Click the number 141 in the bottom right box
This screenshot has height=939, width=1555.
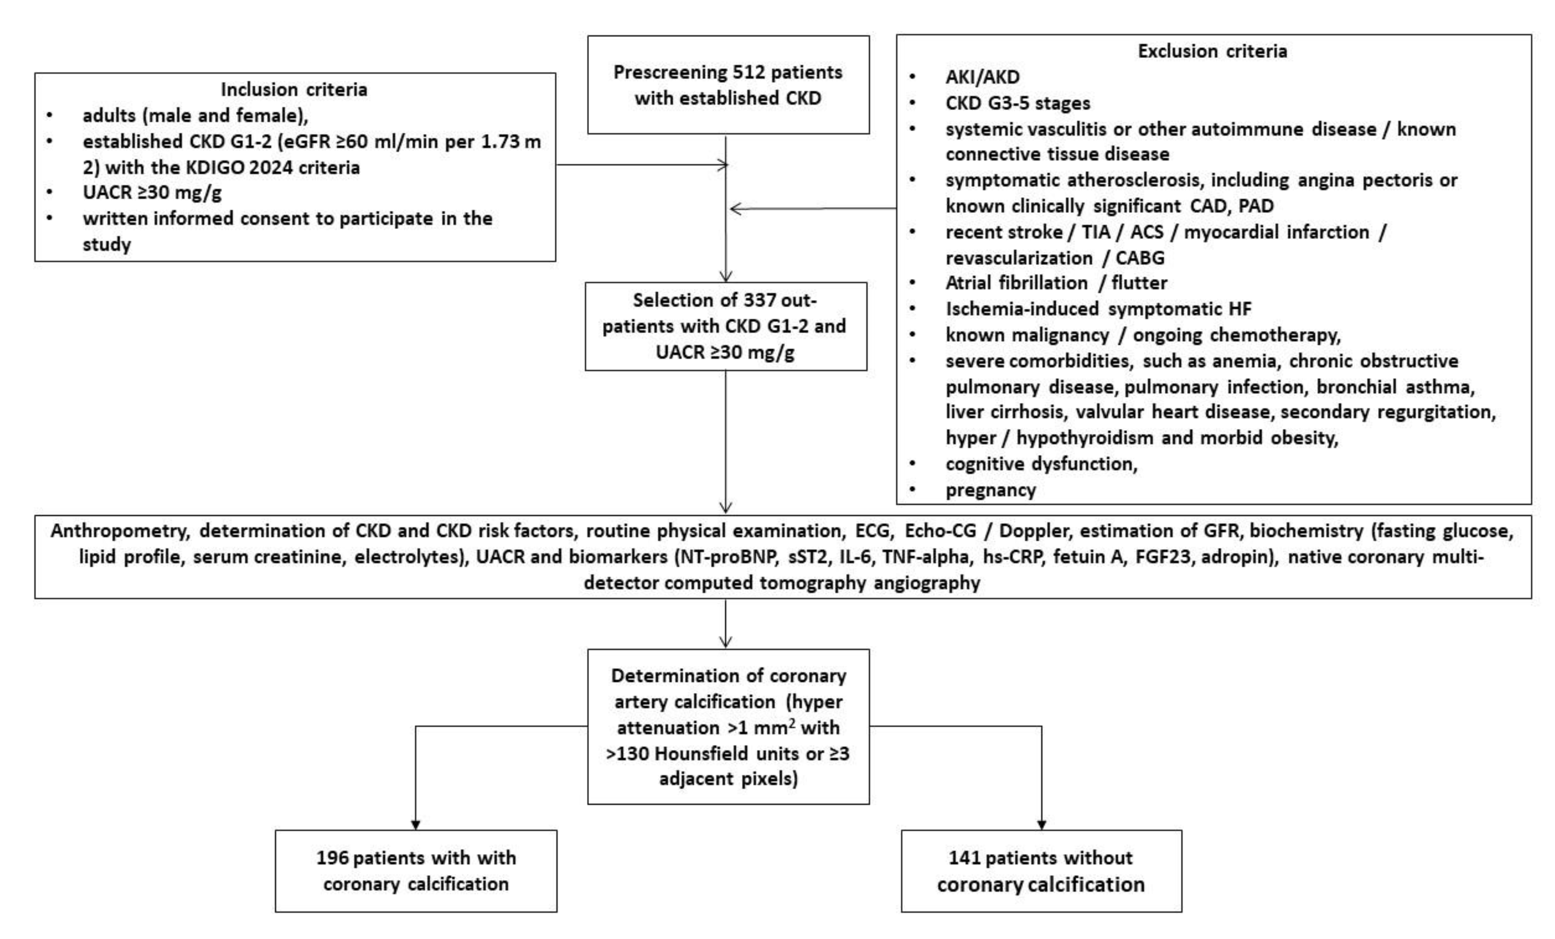pos(964,858)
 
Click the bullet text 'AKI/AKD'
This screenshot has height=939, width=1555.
pos(982,77)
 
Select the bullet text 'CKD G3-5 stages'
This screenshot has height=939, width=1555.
pos(1017,103)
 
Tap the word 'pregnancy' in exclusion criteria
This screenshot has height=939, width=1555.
pos(990,490)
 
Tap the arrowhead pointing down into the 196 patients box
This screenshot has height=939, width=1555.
pos(415,825)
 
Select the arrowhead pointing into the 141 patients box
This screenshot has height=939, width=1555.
pos(1042,825)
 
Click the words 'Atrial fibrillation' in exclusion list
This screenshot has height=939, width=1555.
pos(1016,282)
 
